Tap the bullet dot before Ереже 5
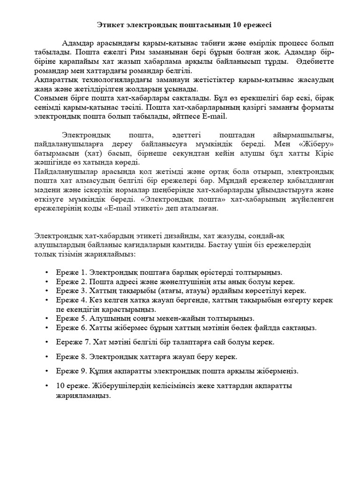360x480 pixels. click(x=46, y=318)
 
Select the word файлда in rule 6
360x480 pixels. click(x=270, y=327)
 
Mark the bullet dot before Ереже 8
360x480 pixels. click(x=46, y=357)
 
